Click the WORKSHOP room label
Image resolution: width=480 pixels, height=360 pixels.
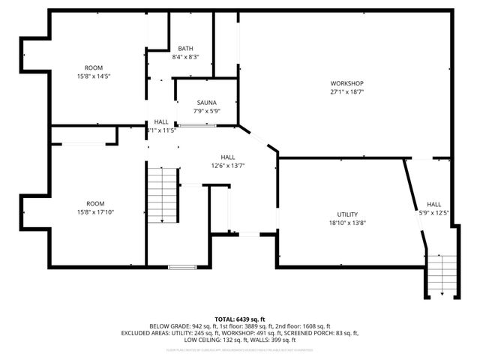(346, 82)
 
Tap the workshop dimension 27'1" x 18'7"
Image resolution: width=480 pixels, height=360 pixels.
(346, 91)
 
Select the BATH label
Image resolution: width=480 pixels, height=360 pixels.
(185, 48)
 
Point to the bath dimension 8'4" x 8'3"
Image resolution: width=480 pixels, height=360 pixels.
(185, 57)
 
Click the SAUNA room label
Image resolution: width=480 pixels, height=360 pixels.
(207, 103)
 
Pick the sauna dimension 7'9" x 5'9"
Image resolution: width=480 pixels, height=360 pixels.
(207, 112)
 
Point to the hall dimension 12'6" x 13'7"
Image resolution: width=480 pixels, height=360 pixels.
(228, 166)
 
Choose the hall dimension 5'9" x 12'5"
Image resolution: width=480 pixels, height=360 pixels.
(434, 213)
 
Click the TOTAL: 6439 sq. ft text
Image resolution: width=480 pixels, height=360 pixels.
(239, 319)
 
